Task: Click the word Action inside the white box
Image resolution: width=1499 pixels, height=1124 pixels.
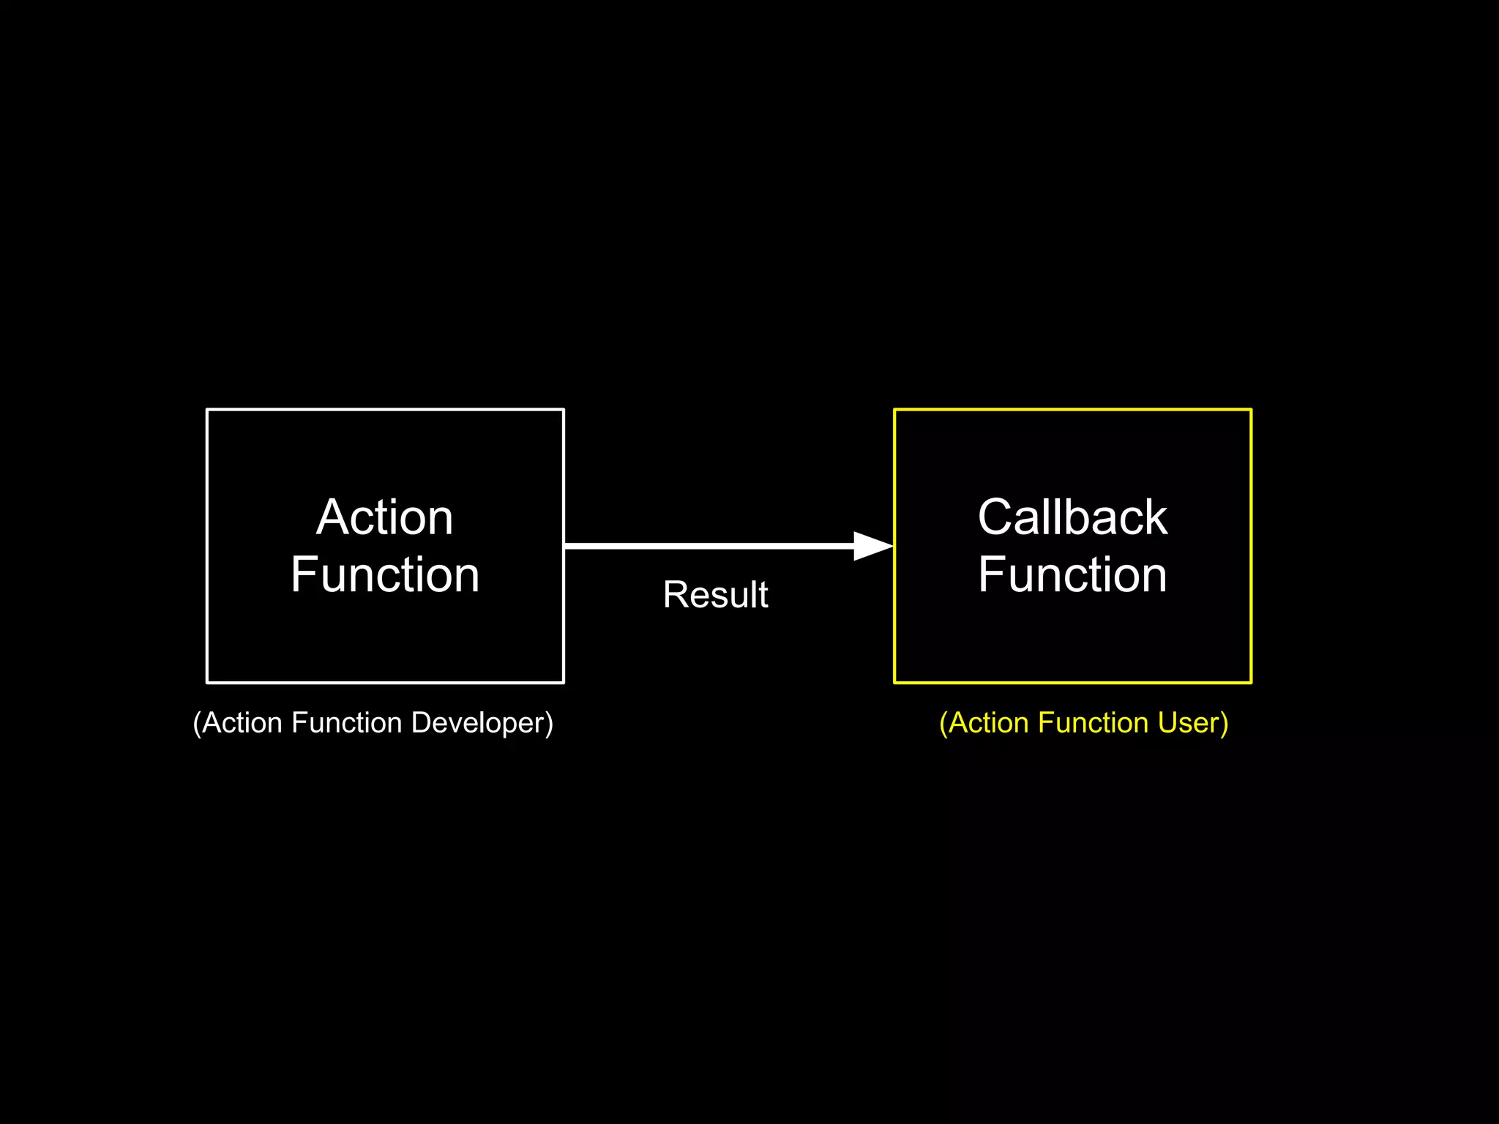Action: [384, 517]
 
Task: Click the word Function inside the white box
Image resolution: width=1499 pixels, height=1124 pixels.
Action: [384, 574]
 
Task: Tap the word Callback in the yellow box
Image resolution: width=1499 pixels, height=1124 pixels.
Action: [1072, 517]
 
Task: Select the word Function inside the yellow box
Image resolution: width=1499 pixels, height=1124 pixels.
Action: [1072, 574]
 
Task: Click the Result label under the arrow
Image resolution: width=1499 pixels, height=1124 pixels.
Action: [715, 594]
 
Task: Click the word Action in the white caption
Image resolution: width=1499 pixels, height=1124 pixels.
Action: [242, 723]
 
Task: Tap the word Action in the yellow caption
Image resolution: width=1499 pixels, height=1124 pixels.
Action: [989, 723]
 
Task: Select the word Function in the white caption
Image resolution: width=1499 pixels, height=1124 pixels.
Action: [347, 723]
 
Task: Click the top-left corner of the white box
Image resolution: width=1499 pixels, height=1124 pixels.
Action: [207, 410]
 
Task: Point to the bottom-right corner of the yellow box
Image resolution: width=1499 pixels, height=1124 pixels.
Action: [1251, 682]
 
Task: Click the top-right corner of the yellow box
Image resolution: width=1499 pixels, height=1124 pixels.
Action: [1251, 410]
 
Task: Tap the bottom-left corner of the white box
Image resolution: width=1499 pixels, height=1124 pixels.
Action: [207, 682]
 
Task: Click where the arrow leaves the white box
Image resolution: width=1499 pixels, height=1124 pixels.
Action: [566, 546]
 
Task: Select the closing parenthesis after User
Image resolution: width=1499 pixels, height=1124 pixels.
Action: [1225, 724]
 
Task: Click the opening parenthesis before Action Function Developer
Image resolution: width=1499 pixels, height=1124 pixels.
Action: [197, 724]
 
